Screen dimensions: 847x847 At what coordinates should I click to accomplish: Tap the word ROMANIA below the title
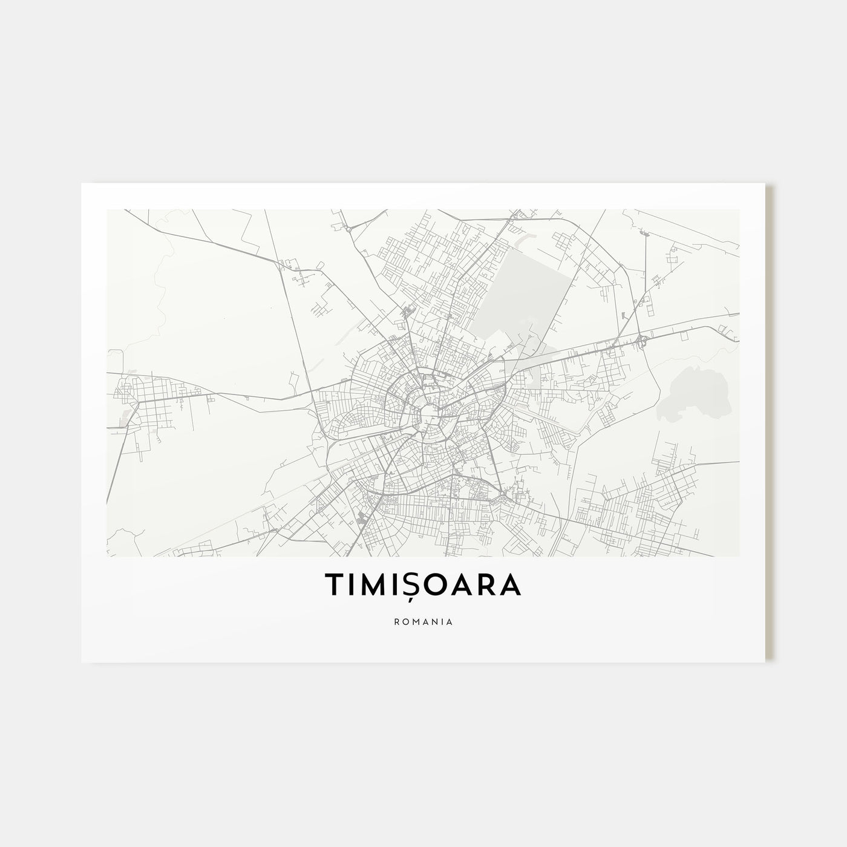click(423, 621)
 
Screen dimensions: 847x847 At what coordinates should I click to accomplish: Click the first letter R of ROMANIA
click(395, 621)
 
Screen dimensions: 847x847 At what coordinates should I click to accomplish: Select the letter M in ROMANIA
click(413, 621)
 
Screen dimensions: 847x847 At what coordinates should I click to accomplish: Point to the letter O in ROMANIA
click(404, 621)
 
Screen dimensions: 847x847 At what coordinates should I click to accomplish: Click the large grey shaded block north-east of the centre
click(526, 290)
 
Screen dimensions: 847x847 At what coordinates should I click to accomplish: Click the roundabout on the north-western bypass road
click(349, 229)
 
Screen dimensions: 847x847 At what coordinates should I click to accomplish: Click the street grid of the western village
click(151, 399)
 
